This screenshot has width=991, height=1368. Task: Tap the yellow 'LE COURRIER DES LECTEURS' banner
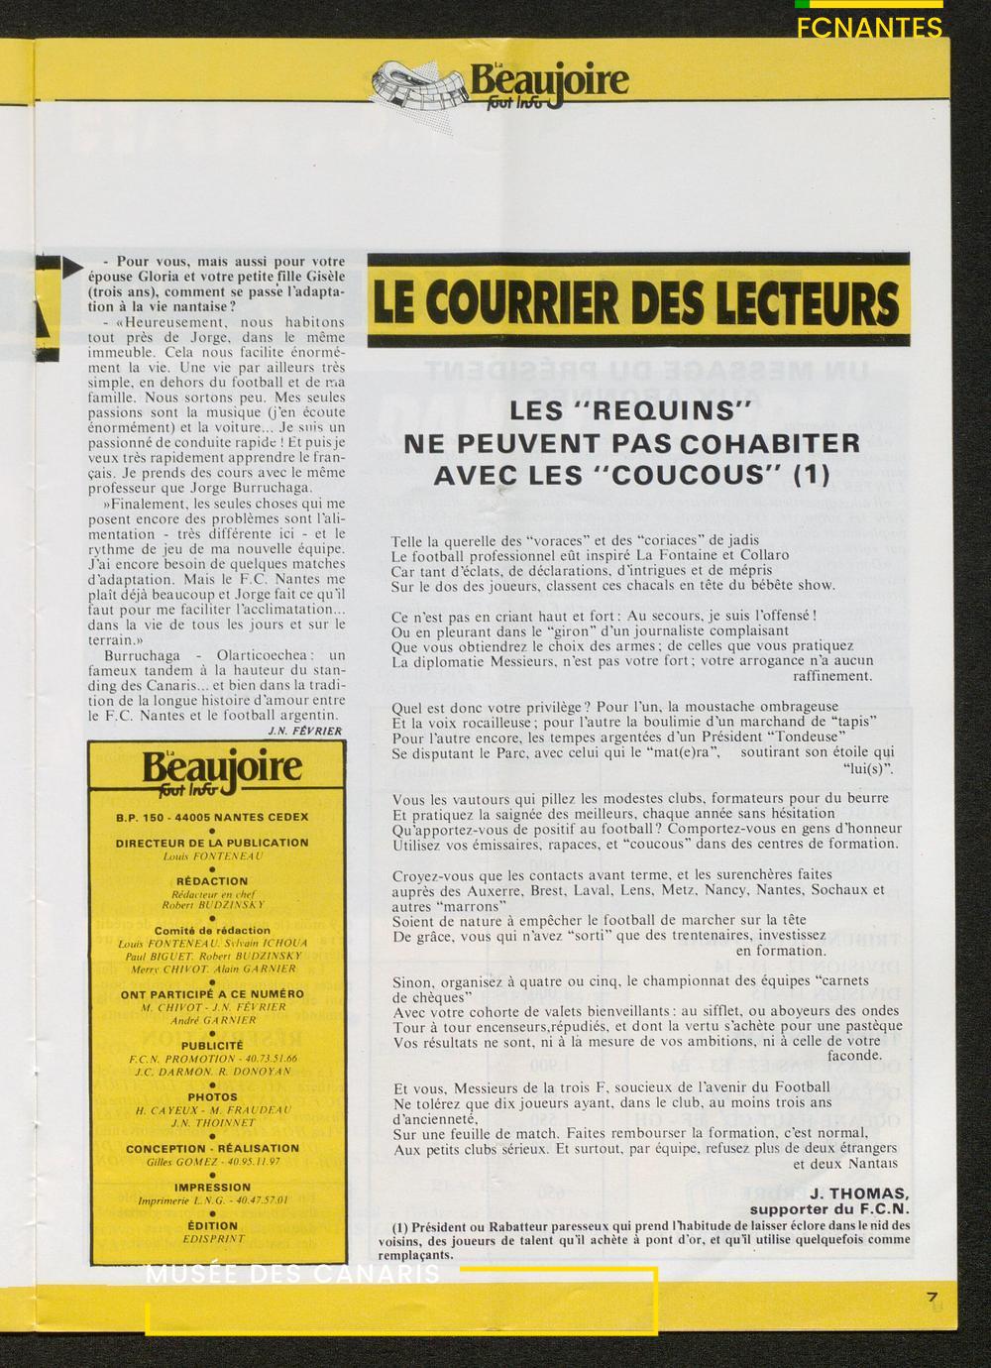[638, 300]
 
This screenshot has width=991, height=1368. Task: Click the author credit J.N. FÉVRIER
[304, 731]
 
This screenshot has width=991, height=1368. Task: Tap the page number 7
[932, 1297]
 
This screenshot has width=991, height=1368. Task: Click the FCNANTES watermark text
[869, 29]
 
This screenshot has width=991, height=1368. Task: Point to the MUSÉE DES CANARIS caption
[293, 1275]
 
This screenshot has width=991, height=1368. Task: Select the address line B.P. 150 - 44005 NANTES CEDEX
[212, 817]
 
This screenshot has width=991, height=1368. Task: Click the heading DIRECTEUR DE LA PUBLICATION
[212, 843]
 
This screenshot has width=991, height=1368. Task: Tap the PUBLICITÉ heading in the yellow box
[212, 1045]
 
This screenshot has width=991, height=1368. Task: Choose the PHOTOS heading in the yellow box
[212, 1097]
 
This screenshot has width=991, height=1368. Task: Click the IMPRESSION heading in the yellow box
[212, 1187]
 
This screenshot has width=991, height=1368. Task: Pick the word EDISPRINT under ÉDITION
[212, 1238]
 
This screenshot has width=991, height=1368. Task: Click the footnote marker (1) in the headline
[812, 474]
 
